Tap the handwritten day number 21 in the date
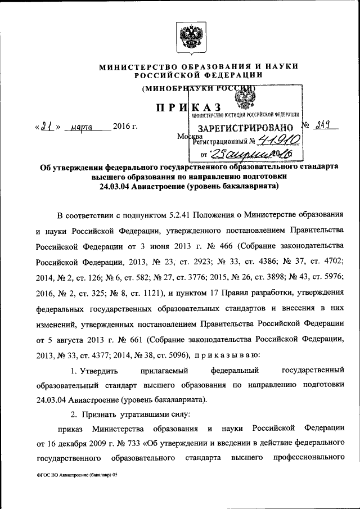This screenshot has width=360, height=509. pos(47,127)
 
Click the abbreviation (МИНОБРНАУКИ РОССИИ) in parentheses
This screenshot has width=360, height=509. pos(198,88)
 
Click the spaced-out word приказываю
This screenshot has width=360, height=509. pos(227,355)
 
